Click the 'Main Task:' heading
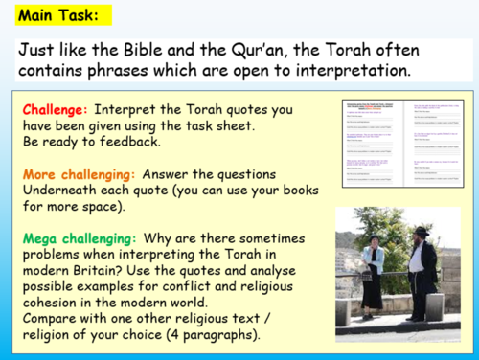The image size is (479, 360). click(49, 15)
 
